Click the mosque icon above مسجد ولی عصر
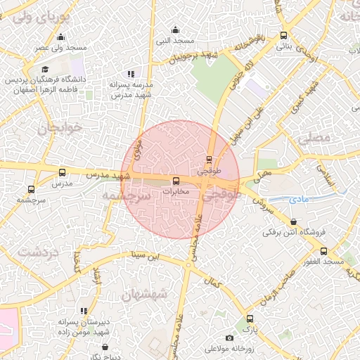pos(61,38)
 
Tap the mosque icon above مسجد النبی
pos(175,30)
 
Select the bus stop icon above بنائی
pos(283,35)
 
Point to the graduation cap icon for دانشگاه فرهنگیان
pos(45,69)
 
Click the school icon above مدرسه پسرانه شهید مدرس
pos(130,73)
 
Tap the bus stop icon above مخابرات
pos(176,181)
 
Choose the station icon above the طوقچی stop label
pos(209,159)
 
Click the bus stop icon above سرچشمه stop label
pos(30,189)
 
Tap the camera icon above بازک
pos(248,319)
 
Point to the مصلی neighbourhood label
pos(314,139)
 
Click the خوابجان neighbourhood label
pos(49,129)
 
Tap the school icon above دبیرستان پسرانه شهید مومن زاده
pos(84,310)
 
